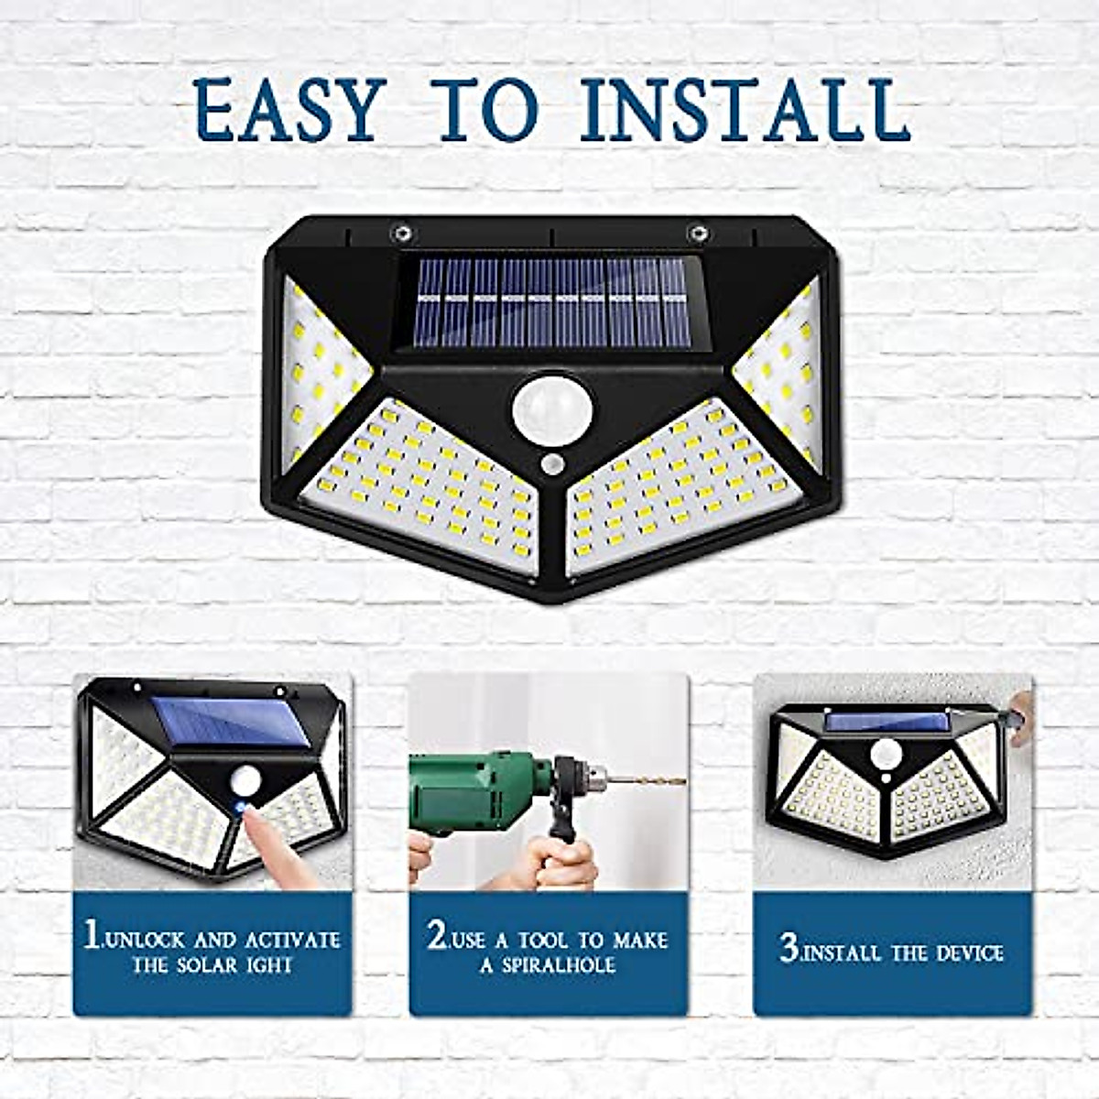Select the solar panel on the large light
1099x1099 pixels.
[x=546, y=302]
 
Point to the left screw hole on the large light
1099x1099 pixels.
[x=400, y=232]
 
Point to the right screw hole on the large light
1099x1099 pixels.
[x=699, y=232]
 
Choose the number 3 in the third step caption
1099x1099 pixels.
[x=789, y=948]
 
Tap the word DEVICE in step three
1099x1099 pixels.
[x=964, y=953]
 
